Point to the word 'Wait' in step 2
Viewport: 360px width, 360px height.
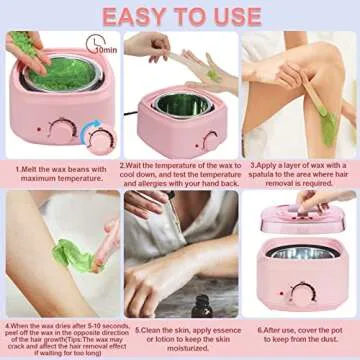140,166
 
